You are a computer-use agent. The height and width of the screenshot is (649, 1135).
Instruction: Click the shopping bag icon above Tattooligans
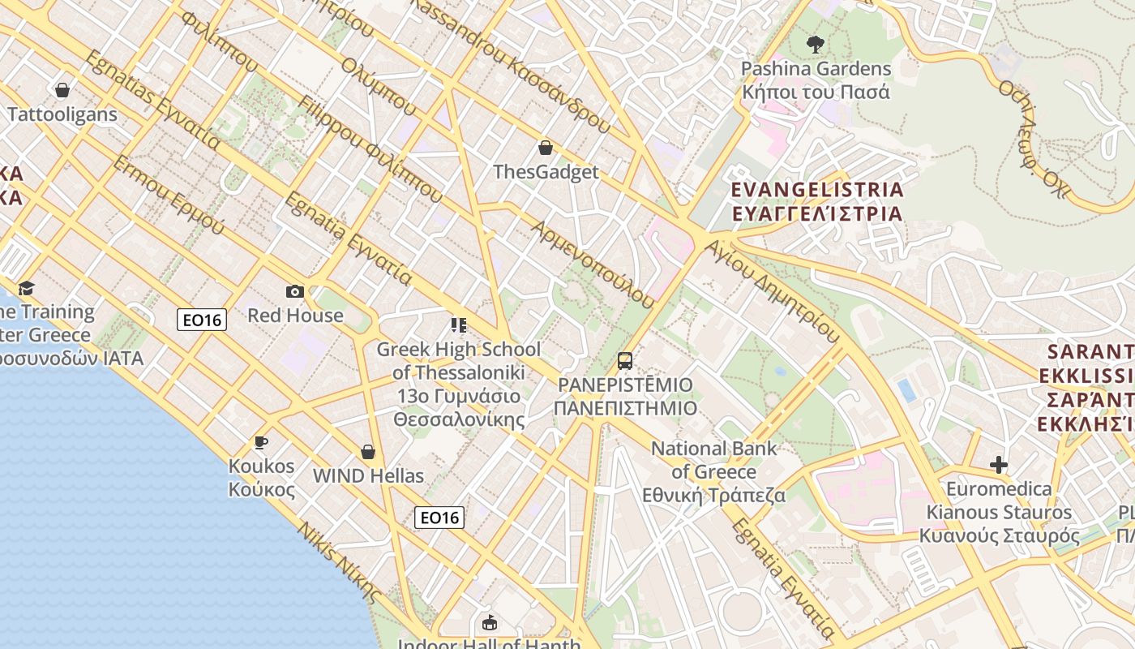[62, 90]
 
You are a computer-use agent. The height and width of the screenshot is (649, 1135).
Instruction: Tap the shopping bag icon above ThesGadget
[546, 148]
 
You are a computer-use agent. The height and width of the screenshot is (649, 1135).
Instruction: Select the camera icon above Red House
[295, 291]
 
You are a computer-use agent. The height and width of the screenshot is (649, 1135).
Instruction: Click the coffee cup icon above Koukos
[260, 442]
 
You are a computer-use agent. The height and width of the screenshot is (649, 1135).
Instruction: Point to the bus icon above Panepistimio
[624, 360]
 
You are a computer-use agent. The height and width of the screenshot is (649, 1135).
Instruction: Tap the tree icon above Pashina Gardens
[815, 45]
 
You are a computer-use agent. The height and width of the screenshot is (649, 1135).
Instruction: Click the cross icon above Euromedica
[999, 465]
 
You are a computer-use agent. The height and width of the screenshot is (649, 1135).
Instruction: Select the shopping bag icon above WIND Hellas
[368, 452]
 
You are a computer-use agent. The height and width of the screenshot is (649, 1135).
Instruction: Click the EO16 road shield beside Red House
[202, 320]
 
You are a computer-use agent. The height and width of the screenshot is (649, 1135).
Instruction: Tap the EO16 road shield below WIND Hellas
[439, 517]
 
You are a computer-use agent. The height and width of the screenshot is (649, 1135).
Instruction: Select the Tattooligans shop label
[62, 114]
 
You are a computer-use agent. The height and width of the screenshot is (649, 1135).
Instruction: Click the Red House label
[295, 316]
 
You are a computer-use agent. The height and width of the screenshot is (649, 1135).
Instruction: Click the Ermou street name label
[169, 194]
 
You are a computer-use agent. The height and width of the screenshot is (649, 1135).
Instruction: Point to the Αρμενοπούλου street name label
[593, 264]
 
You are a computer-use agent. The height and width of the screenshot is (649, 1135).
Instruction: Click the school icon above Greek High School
[459, 325]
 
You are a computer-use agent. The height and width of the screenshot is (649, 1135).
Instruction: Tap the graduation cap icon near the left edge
[27, 289]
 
